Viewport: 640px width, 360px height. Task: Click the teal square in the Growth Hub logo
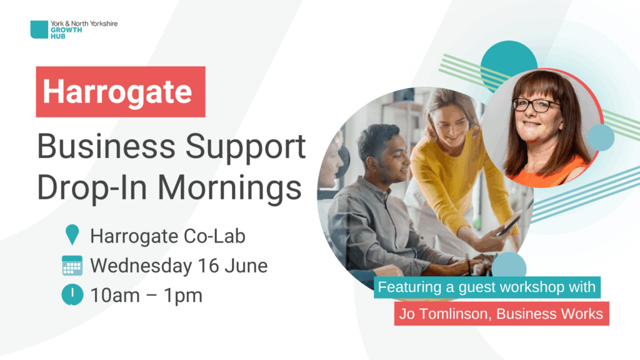point(39,29)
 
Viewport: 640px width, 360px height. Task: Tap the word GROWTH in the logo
point(66,30)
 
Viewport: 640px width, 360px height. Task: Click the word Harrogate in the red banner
point(117,92)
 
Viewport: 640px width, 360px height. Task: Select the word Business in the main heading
point(106,146)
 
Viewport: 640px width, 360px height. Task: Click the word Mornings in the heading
point(229,189)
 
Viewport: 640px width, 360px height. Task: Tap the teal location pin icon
point(72,235)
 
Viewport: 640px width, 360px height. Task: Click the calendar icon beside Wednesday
point(72,265)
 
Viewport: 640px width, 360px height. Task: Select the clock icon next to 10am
point(72,295)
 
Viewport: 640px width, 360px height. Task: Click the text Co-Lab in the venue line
point(214,236)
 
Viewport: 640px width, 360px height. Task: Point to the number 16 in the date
point(208,266)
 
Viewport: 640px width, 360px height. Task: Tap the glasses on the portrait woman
point(536,105)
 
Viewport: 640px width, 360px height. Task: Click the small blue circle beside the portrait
point(601,137)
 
